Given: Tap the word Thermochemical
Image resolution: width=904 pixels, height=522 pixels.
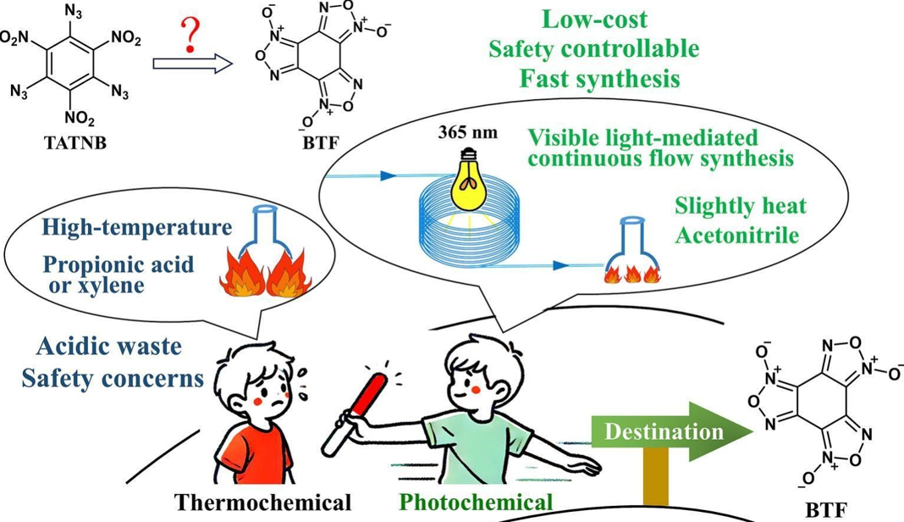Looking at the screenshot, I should [262, 503].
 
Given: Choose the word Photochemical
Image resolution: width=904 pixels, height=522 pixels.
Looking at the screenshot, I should [476, 503].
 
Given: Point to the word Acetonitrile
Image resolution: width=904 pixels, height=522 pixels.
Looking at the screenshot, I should [736, 235].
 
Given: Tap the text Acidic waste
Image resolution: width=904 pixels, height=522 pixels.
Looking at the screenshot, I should [109, 346].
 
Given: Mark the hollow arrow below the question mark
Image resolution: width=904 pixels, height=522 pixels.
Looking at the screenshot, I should [192, 64].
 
